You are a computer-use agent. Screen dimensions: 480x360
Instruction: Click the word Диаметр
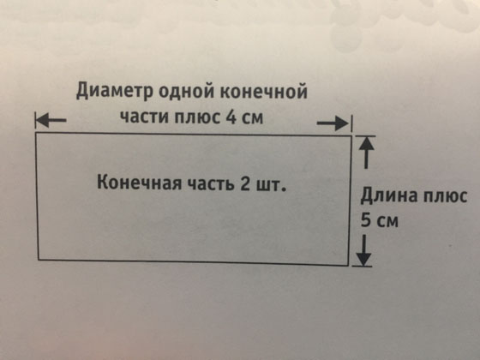(114, 91)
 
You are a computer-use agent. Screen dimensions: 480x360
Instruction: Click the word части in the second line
(144, 117)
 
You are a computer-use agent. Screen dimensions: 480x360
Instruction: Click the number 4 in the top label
(231, 117)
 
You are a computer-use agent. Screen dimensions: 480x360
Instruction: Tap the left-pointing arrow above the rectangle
(51, 120)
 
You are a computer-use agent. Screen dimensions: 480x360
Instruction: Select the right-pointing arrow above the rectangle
(333, 123)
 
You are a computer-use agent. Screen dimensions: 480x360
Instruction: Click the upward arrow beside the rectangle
(366, 153)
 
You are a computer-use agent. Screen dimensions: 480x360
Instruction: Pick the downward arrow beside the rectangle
(364, 250)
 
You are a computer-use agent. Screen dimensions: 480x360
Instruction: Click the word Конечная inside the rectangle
(139, 183)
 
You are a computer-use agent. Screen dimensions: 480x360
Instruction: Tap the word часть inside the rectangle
(211, 183)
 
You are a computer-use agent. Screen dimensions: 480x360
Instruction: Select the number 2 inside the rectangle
(245, 183)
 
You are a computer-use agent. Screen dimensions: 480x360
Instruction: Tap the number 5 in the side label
(366, 219)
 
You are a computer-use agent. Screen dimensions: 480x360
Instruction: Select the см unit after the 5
(387, 221)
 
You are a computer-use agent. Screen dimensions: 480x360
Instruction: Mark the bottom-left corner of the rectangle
(39, 260)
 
